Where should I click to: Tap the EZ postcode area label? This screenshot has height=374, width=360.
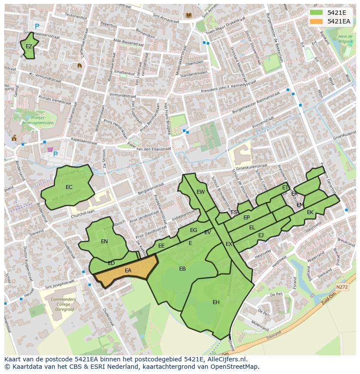point(29,46)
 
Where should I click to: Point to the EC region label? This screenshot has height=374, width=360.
point(69,187)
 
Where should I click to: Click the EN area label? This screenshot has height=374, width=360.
point(104,242)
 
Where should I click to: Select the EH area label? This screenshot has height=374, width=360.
point(216,302)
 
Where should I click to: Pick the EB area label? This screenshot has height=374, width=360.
point(183,269)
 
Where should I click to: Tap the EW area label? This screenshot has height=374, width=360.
point(200,192)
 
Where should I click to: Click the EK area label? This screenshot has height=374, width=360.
point(310,212)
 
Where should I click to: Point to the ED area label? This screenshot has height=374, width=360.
point(111,263)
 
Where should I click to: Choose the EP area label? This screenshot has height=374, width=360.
point(247,218)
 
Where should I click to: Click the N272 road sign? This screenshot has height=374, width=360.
point(342,287)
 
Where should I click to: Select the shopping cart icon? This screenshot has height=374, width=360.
point(50,150)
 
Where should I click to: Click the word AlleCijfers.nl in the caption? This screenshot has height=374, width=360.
point(226,359)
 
